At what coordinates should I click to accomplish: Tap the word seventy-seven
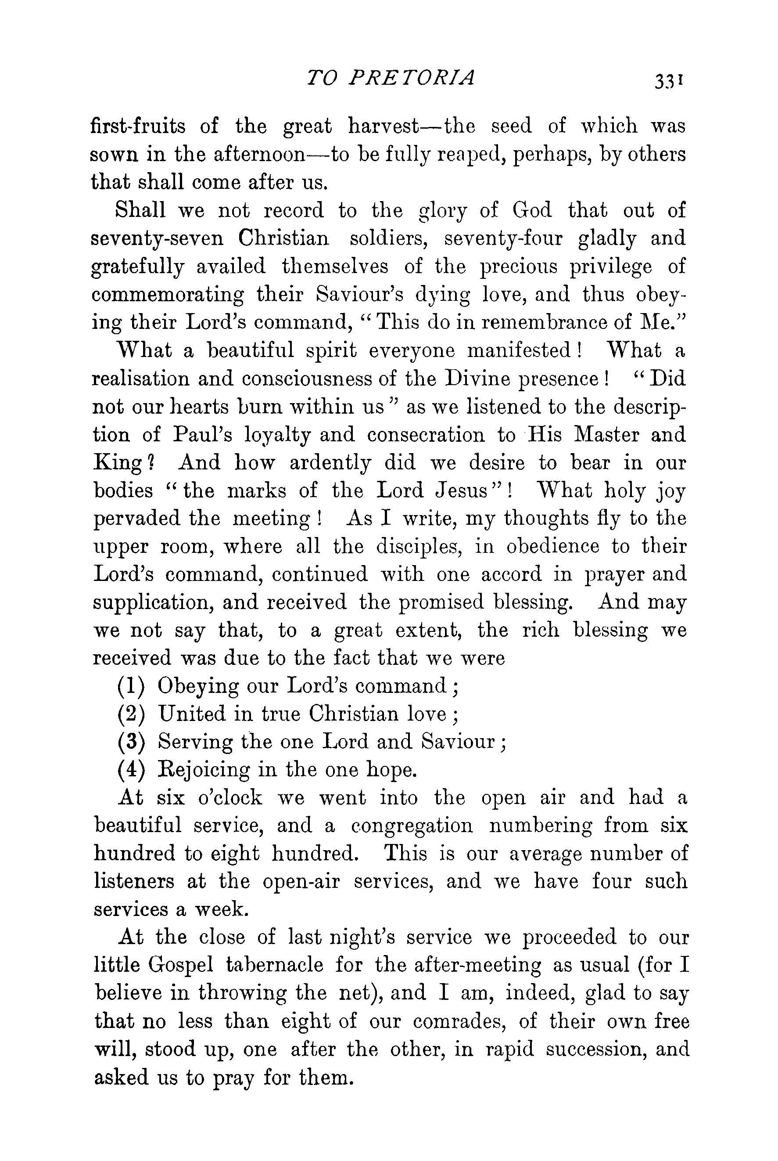tap(158, 239)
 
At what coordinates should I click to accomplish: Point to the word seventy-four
tap(503, 239)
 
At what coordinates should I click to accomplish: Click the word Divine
tap(479, 379)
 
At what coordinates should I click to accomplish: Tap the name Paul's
tap(202, 435)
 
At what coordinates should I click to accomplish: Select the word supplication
tap(152, 603)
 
